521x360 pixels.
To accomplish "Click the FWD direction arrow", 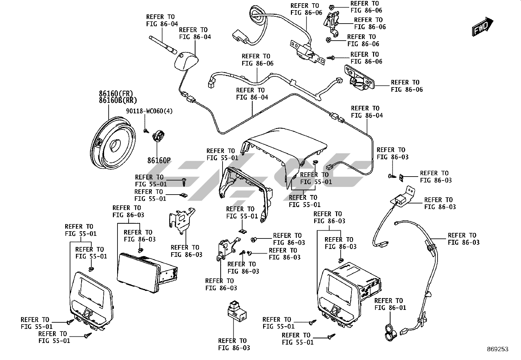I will [x=482, y=27].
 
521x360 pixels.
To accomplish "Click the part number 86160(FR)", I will [x=116, y=93].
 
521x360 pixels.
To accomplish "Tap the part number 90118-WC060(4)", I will [x=149, y=111].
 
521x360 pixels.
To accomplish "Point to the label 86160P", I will [x=159, y=161].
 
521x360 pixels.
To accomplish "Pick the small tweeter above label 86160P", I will [x=159, y=135].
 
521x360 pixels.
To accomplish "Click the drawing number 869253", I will [x=497, y=349].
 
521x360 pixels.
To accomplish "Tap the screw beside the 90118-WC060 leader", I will [x=146, y=131].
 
